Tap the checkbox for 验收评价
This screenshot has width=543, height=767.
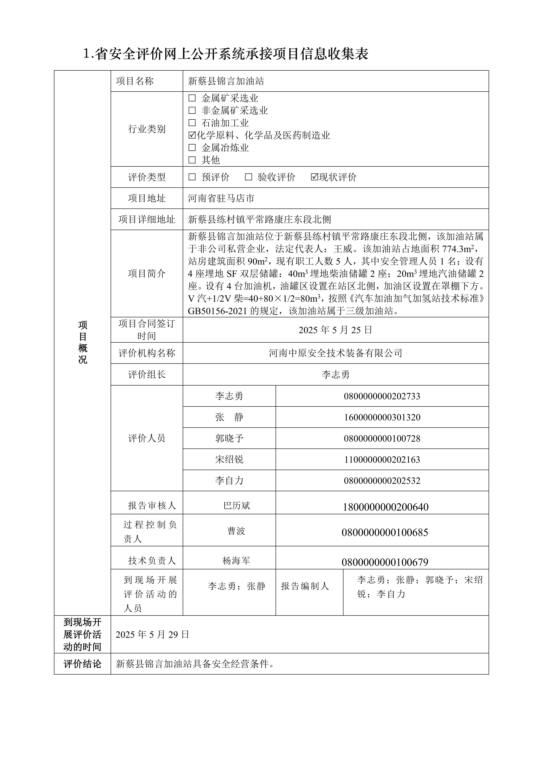point(248,177)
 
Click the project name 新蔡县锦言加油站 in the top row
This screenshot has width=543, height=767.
point(226,81)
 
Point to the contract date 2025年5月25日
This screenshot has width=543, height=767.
point(335,330)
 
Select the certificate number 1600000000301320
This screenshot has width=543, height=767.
point(382,417)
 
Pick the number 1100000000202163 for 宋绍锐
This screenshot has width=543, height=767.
point(382,460)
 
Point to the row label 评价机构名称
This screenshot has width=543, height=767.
point(147,353)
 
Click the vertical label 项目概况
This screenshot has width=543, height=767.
point(83,342)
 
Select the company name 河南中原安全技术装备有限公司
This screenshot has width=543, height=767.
point(335,353)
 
